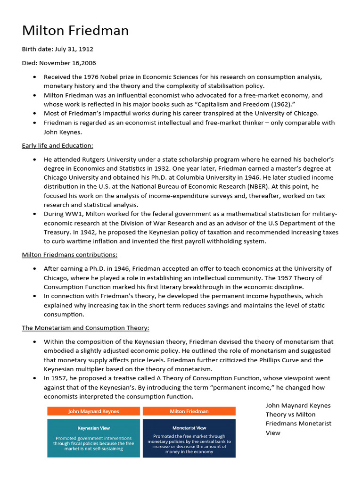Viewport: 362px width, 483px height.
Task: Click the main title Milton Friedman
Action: [x=75, y=31]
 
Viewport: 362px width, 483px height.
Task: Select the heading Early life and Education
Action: [x=58, y=145]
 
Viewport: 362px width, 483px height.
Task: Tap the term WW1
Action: [x=78, y=214]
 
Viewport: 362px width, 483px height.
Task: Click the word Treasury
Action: [x=58, y=241]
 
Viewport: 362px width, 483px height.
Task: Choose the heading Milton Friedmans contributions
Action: [x=70, y=255]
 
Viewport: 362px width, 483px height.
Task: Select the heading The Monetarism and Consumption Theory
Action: [x=85, y=328]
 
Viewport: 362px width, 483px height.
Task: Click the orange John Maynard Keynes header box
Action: [x=93, y=411]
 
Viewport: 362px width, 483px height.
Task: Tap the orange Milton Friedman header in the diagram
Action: [x=189, y=411]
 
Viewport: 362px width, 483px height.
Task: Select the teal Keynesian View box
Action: [x=93, y=438]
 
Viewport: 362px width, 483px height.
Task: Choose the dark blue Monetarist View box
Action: [x=189, y=438]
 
